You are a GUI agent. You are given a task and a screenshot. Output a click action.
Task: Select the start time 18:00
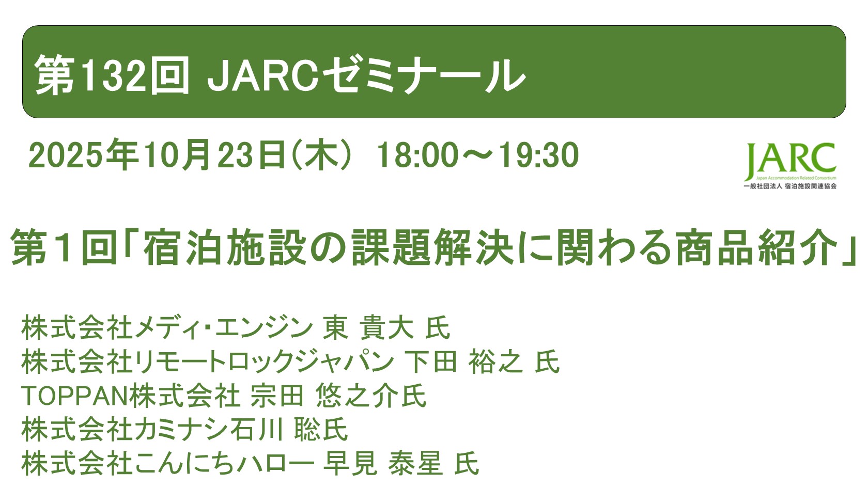click(416, 155)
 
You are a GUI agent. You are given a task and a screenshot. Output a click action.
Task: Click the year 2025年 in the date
click(83, 155)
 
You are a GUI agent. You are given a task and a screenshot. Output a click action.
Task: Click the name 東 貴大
click(368, 328)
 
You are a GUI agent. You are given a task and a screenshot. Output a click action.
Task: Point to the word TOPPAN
click(74, 396)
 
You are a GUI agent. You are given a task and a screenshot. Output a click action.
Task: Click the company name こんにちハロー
click(224, 463)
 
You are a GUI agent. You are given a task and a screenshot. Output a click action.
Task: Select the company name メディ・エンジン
click(223, 328)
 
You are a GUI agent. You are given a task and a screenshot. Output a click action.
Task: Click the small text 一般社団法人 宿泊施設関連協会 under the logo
click(789, 186)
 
